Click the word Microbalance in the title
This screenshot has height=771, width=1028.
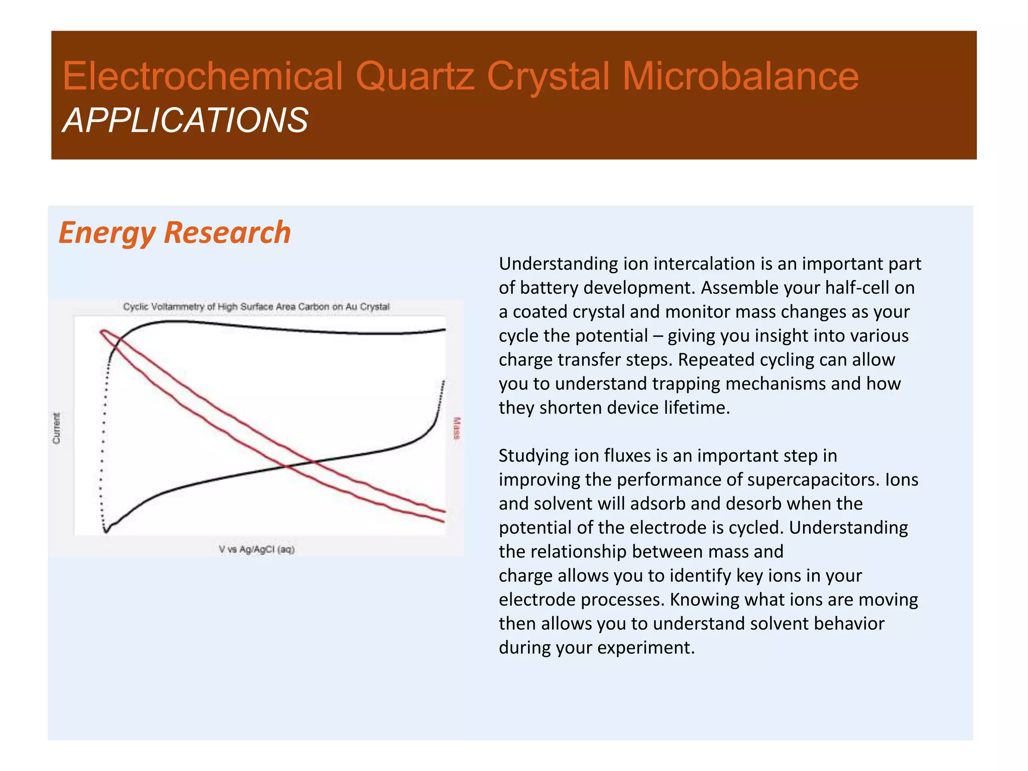coord(740,76)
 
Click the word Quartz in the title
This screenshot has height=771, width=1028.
coord(415,76)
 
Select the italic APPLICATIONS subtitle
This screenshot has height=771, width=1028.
coord(185,121)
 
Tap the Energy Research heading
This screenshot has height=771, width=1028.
coord(175,233)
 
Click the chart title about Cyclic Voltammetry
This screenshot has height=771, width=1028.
coord(256,307)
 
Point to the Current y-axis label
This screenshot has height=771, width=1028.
coord(56,428)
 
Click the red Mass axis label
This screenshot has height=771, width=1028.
coord(456,428)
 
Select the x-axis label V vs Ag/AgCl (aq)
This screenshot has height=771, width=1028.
coord(256,549)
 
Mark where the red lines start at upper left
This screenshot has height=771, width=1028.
coord(102,331)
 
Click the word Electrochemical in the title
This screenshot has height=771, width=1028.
coord(203,76)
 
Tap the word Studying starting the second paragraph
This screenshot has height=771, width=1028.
coord(534,456)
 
